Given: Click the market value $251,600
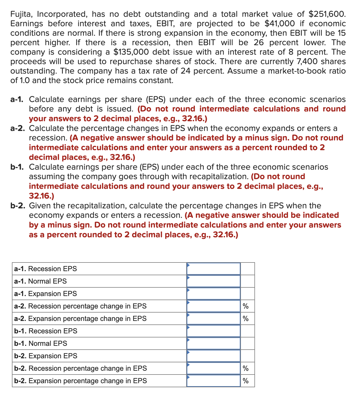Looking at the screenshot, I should (327, 14).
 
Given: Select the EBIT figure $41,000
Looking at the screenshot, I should (279, 24).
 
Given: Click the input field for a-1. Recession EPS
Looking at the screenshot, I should (213, 269).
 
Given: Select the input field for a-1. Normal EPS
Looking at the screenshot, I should (213, 281).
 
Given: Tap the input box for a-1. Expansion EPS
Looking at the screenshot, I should (213, 294).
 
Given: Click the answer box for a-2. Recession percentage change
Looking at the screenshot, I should (213, 306).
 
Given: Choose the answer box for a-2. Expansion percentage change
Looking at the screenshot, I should (213, 319).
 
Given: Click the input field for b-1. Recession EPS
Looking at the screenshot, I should (213, 331).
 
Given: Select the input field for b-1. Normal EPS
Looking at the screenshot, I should (213, 343).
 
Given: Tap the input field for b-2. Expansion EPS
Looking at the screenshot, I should (213, 356).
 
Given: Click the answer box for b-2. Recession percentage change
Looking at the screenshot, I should (213, 368).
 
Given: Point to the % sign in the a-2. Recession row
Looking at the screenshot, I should (246, 306).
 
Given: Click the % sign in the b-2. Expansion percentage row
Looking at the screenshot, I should (246, 381).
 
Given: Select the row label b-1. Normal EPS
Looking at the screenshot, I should (41, 343).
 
